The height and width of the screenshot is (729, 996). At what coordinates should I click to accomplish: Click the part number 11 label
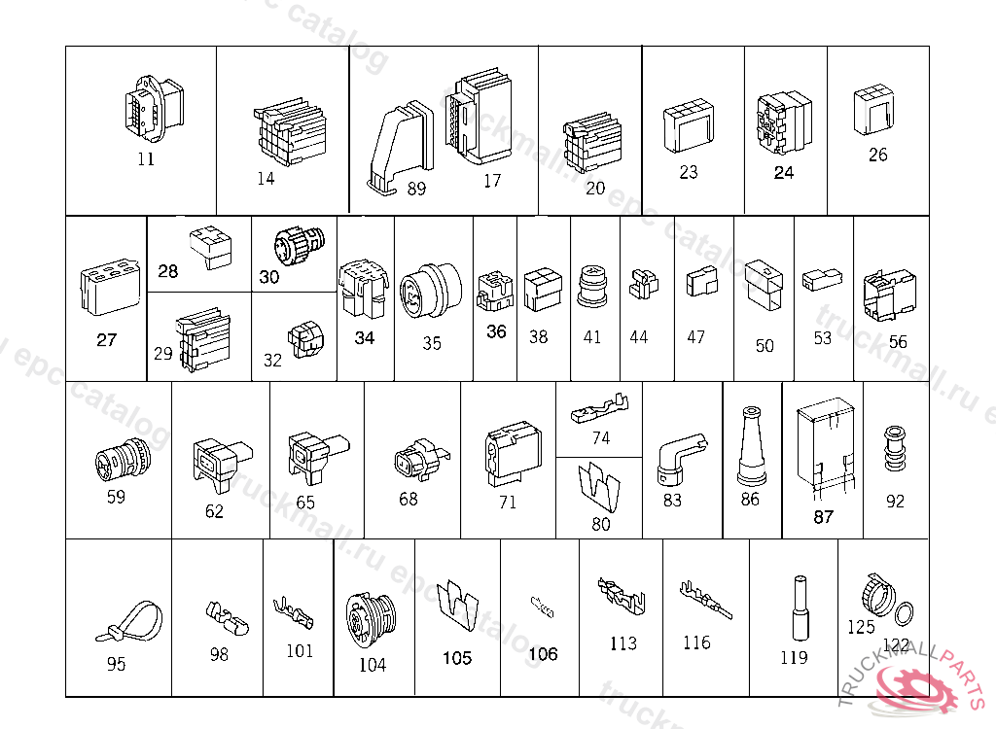[145, 159]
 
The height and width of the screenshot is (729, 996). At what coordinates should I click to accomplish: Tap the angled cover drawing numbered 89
[398, 144]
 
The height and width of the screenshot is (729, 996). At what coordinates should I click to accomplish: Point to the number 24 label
[783, 173]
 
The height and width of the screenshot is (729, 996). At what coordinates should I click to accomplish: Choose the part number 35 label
[432, 343]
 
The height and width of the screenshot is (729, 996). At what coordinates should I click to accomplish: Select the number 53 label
[823, 338]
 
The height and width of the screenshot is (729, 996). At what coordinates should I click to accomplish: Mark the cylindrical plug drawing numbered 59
[124, 457]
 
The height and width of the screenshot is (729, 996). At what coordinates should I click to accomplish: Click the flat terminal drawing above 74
[601, 405]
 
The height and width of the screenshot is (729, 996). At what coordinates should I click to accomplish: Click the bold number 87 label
[823, 517]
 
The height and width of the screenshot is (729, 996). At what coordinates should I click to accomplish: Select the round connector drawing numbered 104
[369, 618]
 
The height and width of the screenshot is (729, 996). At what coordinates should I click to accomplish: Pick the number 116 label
[696, 642]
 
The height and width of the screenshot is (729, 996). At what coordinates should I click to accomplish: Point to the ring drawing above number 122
[904, 612]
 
